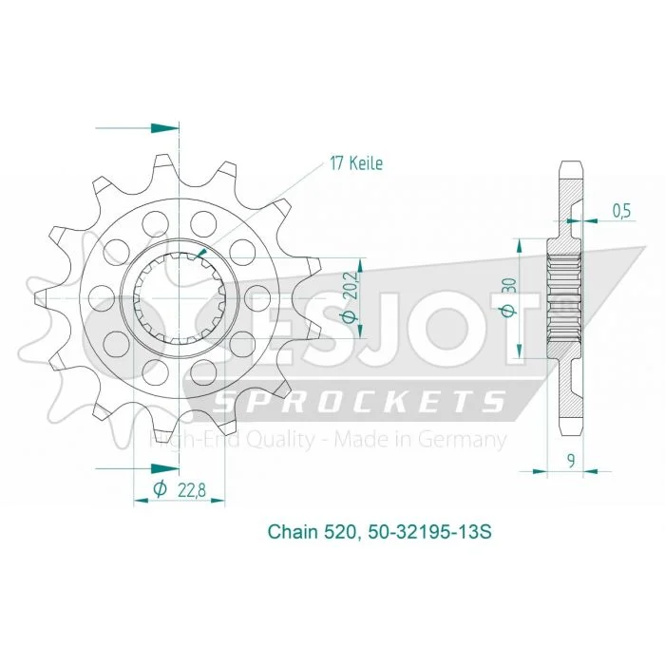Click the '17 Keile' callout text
[356, 163]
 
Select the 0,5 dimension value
[621, 211]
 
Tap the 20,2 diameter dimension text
[351, 296]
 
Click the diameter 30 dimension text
[509, 297]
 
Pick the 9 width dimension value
[571, 461]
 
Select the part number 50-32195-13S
[430, 531]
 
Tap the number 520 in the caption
[340, 531]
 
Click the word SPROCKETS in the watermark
[357, 401]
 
